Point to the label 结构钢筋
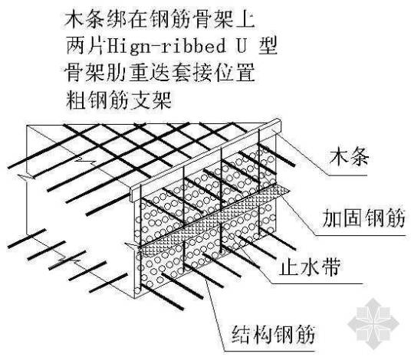(275, 335)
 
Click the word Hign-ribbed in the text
(160, 46)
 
